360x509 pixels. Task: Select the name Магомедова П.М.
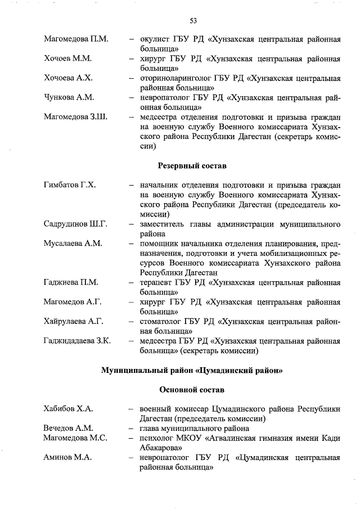click(76, 40)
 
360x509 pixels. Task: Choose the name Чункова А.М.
click(69, 97)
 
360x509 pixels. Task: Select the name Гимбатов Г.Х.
click(70, 185)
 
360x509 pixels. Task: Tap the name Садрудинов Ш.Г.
click(75, 224)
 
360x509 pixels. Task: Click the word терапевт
click(157, 282)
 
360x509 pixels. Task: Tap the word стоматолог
click(163, 321)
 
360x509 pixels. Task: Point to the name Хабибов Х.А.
click(68, 408)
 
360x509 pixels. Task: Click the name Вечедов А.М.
click(68, 428)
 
